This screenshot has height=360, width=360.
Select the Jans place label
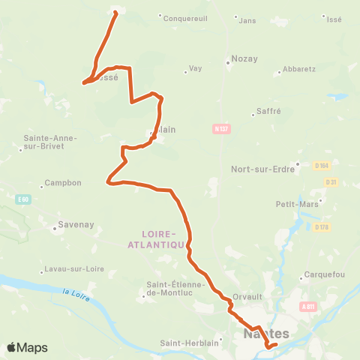(x=247, y=20)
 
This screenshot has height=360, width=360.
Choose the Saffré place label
(x=268, y=110)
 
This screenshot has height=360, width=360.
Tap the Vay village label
(x=195, y=68)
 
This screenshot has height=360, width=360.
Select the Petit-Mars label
(x=295, y=203)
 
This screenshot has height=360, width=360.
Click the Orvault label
(x=246, y=295)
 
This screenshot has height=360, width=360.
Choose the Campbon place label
(x=62, y=182)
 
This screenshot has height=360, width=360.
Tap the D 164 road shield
(x=322, y=164)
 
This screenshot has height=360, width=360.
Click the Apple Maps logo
(x=28, y=347)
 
